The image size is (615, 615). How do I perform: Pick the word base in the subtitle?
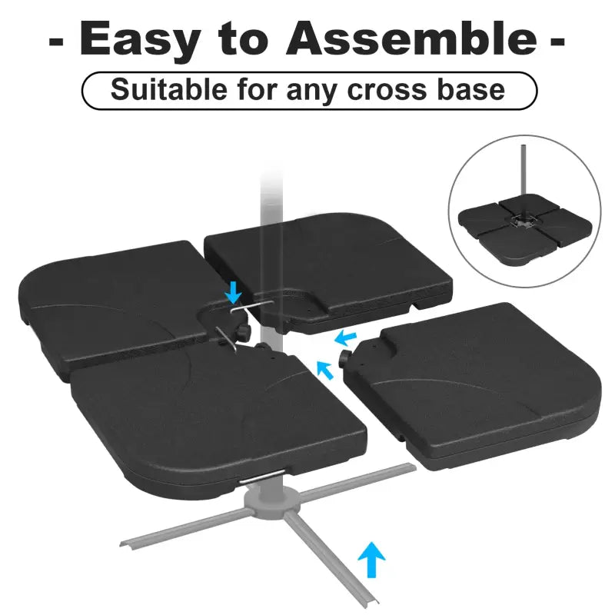(x=470, y=89)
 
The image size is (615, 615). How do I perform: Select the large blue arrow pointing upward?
(x=373, y=559)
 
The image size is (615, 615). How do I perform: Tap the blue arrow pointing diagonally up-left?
(x=326, y=371)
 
